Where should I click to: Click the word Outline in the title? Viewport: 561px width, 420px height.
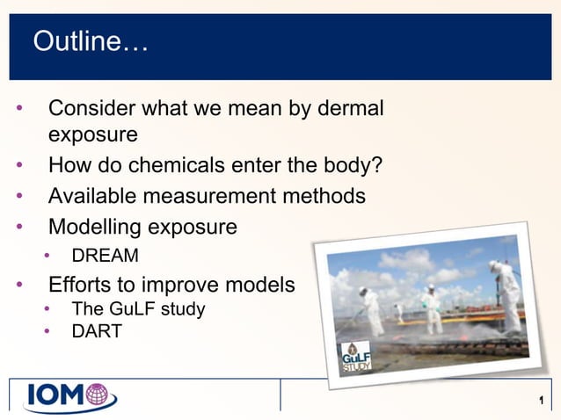[x=83, y=41]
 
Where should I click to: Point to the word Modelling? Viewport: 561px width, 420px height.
[x=94, y=227]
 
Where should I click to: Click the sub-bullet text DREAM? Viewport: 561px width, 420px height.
[x=105, y=257]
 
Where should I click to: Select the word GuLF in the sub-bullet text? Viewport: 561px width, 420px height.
[x=128, y=308]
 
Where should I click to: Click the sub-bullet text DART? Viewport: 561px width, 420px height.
[x=97, y=331]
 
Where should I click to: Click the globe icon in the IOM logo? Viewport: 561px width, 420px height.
[x=99, y=396]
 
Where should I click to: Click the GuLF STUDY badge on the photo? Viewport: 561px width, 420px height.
[x=355, y=357]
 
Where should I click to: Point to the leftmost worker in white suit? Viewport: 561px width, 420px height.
[x=371, y=308]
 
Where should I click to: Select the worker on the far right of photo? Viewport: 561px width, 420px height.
[x=506, y=295]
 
